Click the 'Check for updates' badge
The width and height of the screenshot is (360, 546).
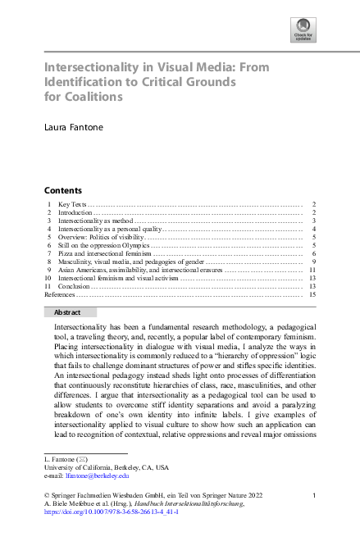point(304,30)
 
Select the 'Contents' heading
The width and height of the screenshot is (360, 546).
point(63,189)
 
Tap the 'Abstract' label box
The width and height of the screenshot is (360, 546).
point(67,312)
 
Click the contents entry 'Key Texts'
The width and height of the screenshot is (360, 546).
point(71,203)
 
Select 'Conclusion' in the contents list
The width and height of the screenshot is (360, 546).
point(74,286)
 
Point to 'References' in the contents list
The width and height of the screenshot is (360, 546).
point(57,294)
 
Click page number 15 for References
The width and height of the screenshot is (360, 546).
point(312,294)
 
